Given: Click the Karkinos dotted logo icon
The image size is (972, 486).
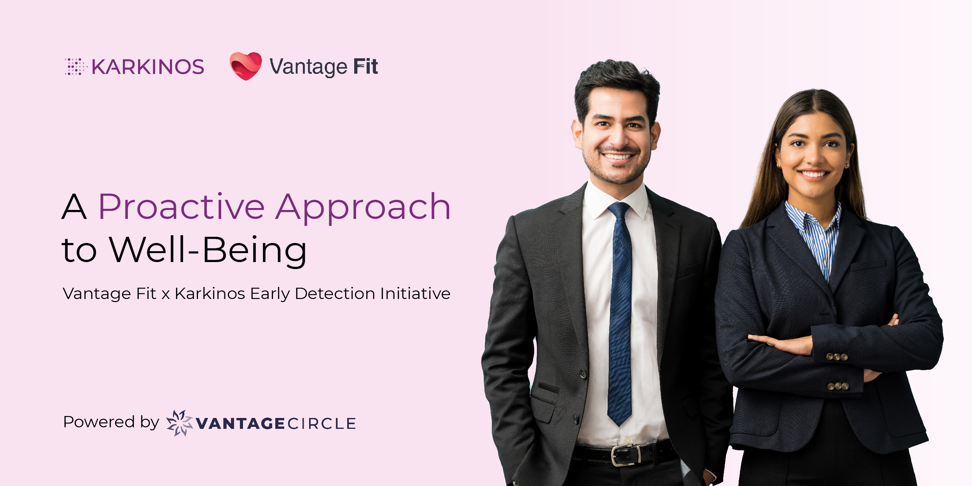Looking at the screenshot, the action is (76, 66).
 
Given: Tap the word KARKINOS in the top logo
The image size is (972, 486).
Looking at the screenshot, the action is (148, 67).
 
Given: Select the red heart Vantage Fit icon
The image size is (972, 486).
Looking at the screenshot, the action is (246, 66).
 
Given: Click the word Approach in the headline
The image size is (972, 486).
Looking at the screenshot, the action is (363, 208).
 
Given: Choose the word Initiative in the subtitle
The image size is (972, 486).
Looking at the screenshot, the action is (415, 294).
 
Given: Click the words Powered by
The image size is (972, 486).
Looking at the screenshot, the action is (111, 422).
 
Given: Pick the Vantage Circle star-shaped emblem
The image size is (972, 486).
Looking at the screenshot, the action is (179, 423).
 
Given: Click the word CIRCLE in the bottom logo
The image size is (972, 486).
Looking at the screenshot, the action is (322, 424).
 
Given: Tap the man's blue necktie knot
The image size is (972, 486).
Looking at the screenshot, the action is (619, 210).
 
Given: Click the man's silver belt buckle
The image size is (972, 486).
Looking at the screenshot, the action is (626, 455).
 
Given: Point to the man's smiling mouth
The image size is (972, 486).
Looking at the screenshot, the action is (618, 156).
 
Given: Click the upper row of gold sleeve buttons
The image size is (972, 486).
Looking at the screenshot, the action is (837, 357).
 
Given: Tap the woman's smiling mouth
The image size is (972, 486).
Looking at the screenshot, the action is (813, 174).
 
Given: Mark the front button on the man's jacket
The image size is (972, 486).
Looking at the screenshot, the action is (583, 374).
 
